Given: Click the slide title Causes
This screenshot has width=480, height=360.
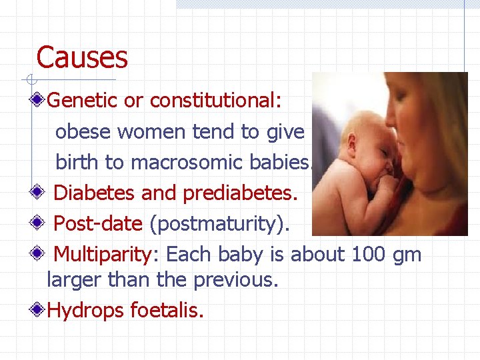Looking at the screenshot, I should (x=81, y=57).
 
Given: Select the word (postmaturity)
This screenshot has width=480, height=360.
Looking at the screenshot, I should (x=220, y=224).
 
